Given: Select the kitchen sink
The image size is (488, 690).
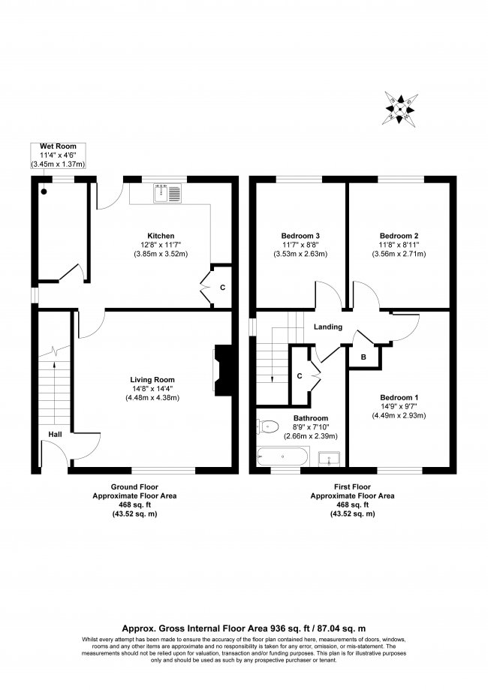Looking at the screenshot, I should click(x=165, y=194).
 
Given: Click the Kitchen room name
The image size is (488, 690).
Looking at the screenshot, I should click(x=161, y=235).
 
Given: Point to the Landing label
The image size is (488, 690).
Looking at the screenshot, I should click(x=329, y=327).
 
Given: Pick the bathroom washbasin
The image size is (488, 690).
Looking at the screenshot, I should click(x=328, y=457).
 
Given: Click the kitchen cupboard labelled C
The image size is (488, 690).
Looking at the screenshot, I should click(x=221, y=287).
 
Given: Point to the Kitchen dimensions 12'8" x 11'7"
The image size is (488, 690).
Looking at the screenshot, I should click(x=161, y=244).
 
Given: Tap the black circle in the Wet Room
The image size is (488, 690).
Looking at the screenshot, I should click(x=44, y=191).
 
